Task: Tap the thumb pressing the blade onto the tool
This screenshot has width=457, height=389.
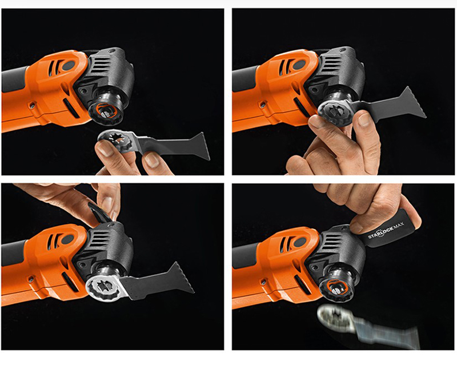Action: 315,121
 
